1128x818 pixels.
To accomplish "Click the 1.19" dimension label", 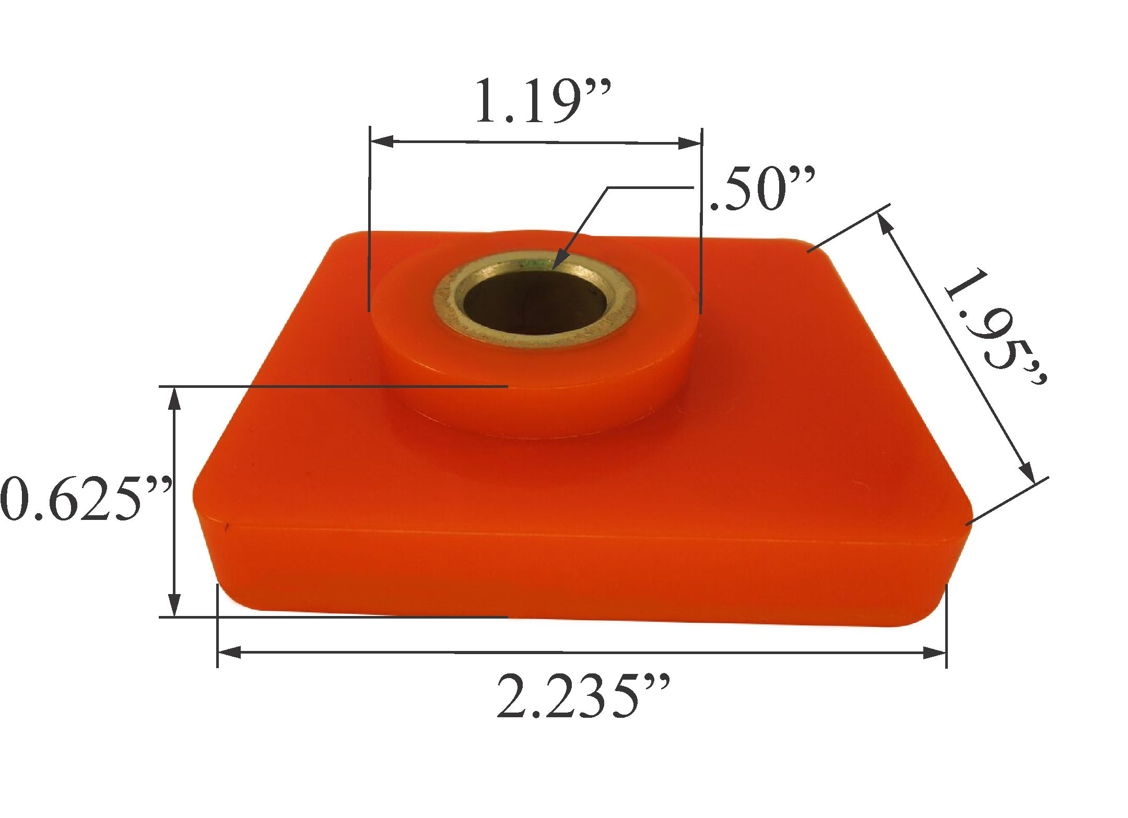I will (x=543, y=102).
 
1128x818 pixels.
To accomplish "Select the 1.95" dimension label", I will (x=995, y=326).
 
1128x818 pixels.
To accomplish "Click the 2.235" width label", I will (x=582, y=697).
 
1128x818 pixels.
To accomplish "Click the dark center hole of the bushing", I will (x=535, y=303).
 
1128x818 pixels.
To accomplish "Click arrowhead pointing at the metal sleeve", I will (x=559, y=261).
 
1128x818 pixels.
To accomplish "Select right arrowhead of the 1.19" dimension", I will (x=689, y=143).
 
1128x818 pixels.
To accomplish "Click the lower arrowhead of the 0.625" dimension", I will (x=174, y=606).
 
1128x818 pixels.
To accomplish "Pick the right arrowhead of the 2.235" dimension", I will (x=935, y=653).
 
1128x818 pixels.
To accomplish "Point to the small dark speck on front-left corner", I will (x=226, y=527).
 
